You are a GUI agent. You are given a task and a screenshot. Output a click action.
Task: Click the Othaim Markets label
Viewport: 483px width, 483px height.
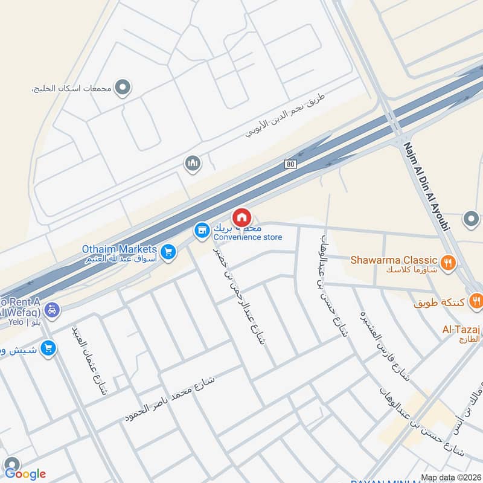[x=120, y=249]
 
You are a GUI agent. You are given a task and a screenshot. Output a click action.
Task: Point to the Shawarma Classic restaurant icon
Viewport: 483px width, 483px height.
[x=447, y=262]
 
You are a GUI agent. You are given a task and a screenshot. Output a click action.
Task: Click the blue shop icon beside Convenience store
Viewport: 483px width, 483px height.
[x=202, y=230]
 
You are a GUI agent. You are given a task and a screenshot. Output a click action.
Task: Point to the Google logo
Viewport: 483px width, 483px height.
[x=25, y=473]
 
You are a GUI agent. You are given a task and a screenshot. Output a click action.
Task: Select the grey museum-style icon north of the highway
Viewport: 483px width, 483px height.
[x=193, y=164]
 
